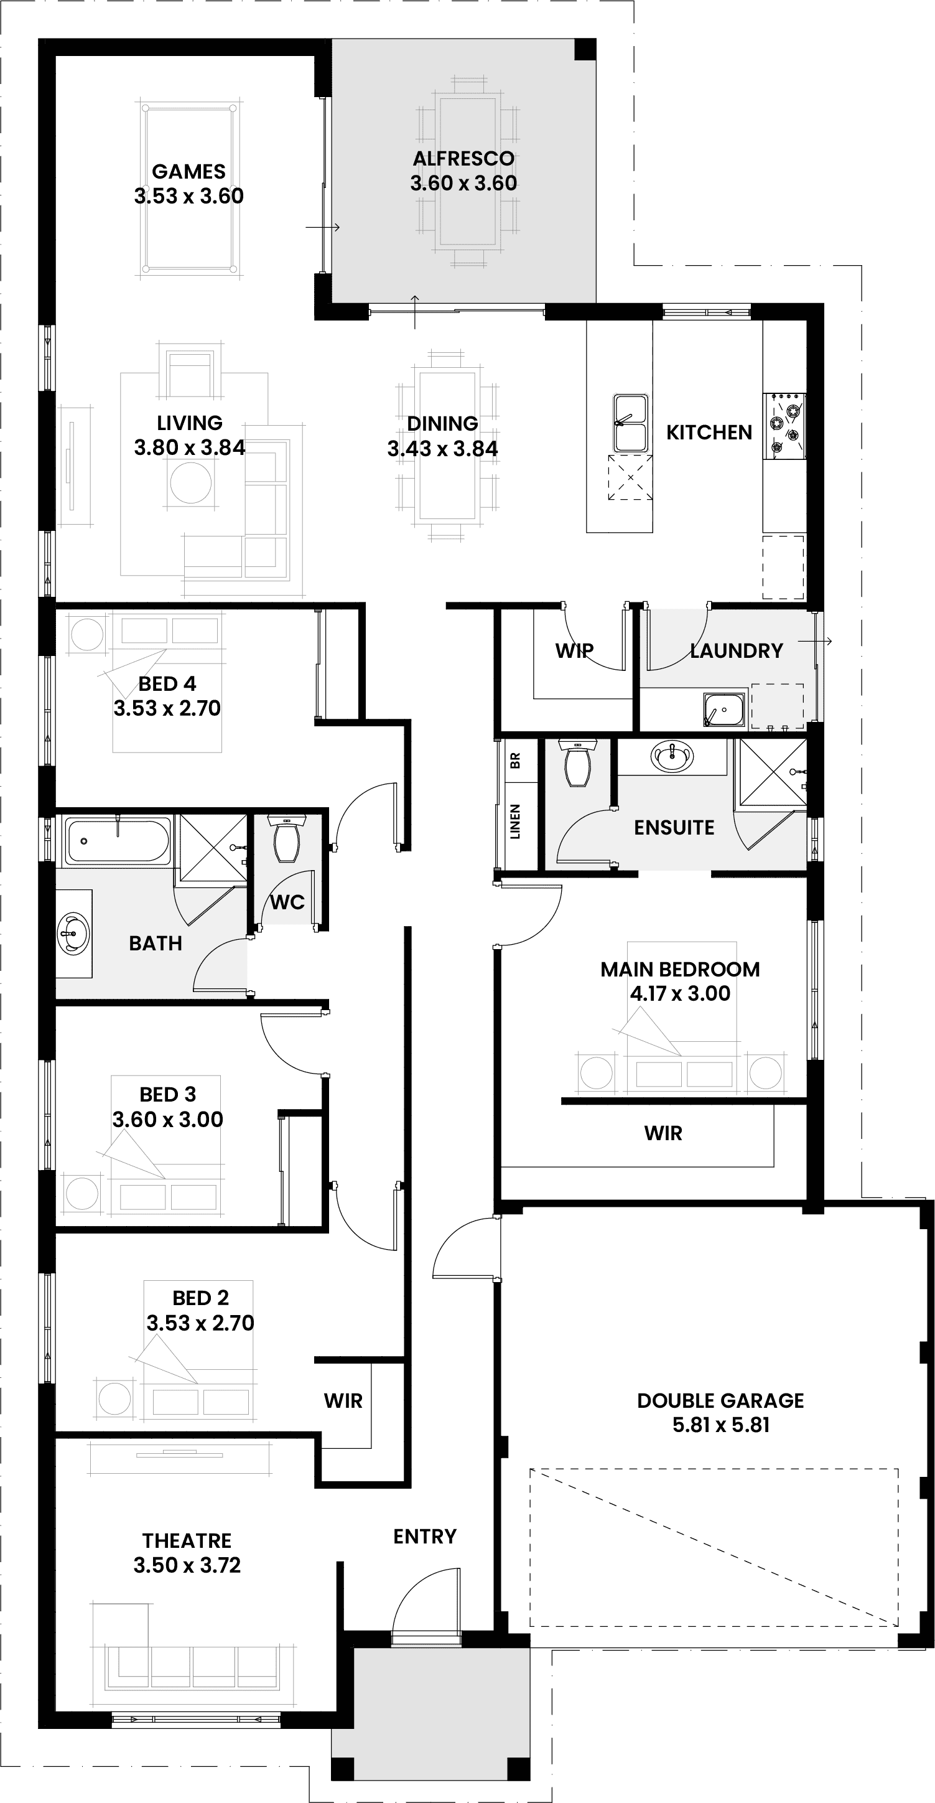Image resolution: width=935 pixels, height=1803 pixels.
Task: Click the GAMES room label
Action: pos(188,172)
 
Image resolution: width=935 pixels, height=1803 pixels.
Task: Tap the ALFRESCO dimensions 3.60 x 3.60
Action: pos(463,184)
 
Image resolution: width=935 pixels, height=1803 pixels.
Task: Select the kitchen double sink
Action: pos(631,423)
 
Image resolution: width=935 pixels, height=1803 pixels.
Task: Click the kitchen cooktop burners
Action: pos(784,425)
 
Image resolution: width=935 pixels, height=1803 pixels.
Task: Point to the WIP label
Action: pos(574,650)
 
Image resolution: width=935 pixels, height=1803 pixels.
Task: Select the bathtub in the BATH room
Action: pos(118,841)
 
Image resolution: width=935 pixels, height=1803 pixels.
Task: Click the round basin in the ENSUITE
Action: pos(672,757)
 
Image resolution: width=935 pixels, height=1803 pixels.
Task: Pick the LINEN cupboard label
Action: pos(516,822)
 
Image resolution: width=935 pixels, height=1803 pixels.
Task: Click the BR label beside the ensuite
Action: pos(516,761)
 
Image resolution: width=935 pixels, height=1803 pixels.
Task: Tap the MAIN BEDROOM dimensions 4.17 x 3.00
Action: pos(679,993)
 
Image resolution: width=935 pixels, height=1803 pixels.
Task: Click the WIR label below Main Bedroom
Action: pos(663,1133)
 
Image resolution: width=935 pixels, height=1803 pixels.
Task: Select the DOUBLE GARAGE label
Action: pos(720,1400)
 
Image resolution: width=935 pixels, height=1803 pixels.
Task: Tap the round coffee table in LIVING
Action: pos(190,483)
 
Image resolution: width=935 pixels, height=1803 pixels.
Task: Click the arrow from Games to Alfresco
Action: pos(323,227)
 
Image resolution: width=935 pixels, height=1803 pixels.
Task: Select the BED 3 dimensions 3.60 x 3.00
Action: pos(168,1119)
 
